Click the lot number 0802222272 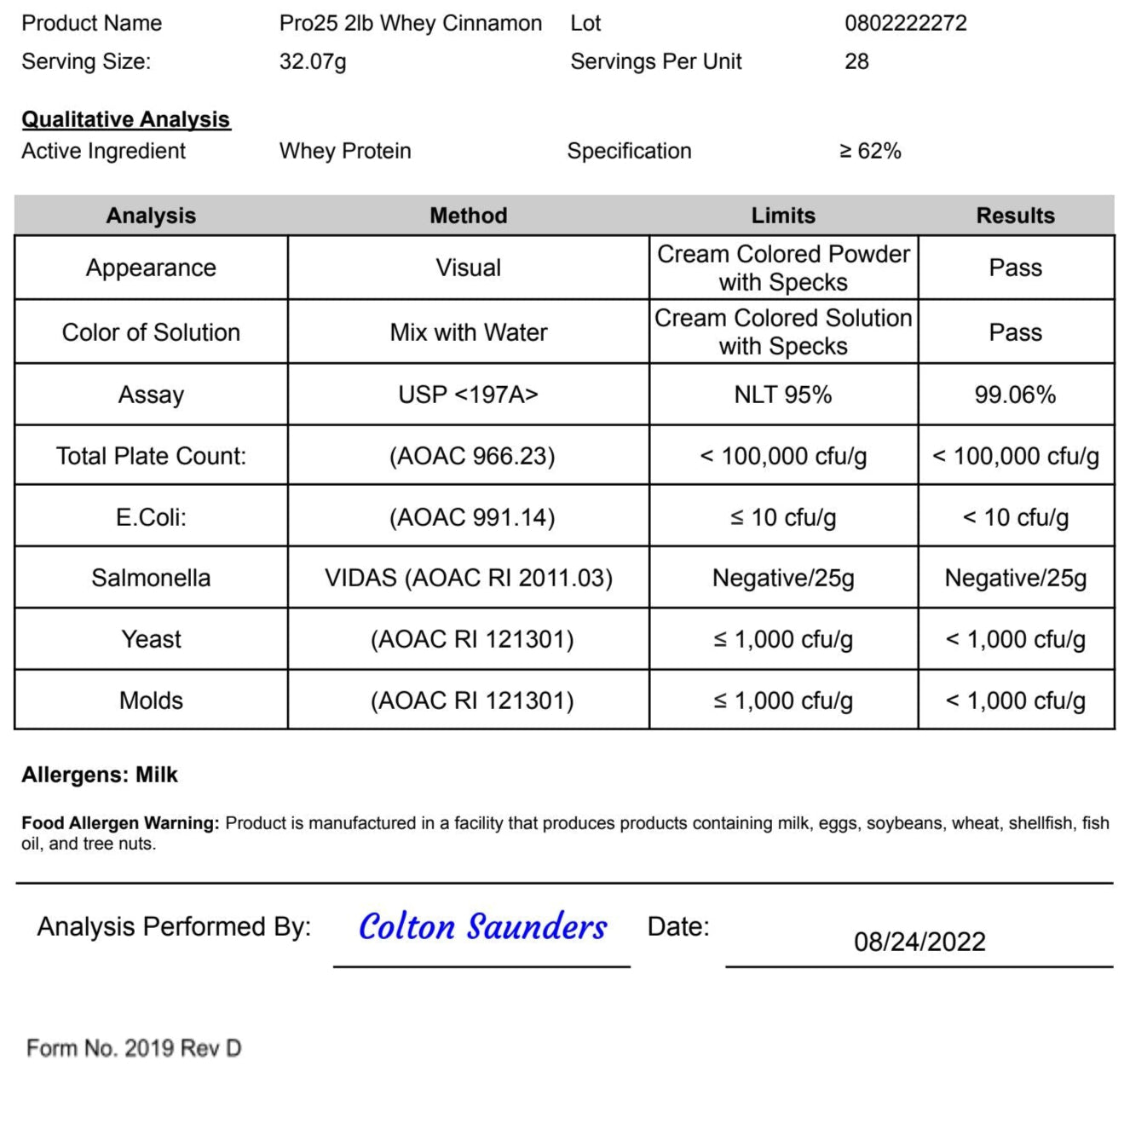905,23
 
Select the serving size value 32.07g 312,61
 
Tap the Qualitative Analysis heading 125,119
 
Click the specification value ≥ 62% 870,151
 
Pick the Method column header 468,216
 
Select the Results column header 1015,216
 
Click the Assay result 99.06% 1015,395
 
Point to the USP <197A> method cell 468,395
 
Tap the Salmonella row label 151,578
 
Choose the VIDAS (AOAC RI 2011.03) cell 468,578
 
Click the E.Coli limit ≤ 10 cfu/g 782,517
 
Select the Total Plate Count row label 151,456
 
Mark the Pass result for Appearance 1015,268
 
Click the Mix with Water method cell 468,332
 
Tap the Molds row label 151,700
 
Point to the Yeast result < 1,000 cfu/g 1015,639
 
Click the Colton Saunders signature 482,927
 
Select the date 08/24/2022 920,942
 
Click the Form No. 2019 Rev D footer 134,1048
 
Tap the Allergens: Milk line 100,775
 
